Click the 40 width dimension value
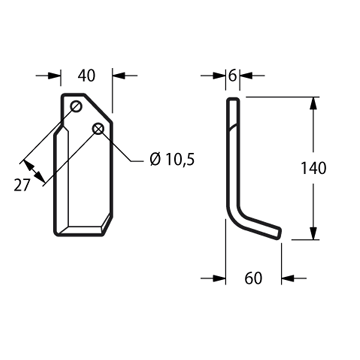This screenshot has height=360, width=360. (86, 76)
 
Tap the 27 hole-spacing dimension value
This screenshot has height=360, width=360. (22, 185)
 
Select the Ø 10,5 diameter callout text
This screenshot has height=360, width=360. (172, 160)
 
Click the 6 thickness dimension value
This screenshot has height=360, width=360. (233, 76)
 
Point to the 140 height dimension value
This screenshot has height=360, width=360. (313, 168)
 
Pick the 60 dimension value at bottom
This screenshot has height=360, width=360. (253, 278)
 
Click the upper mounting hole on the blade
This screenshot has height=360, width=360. (76, 107)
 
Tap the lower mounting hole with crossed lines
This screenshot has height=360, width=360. (98, 129)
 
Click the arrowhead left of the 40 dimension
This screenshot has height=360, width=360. (54, 76)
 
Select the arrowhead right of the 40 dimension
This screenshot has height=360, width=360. (119, 76)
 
